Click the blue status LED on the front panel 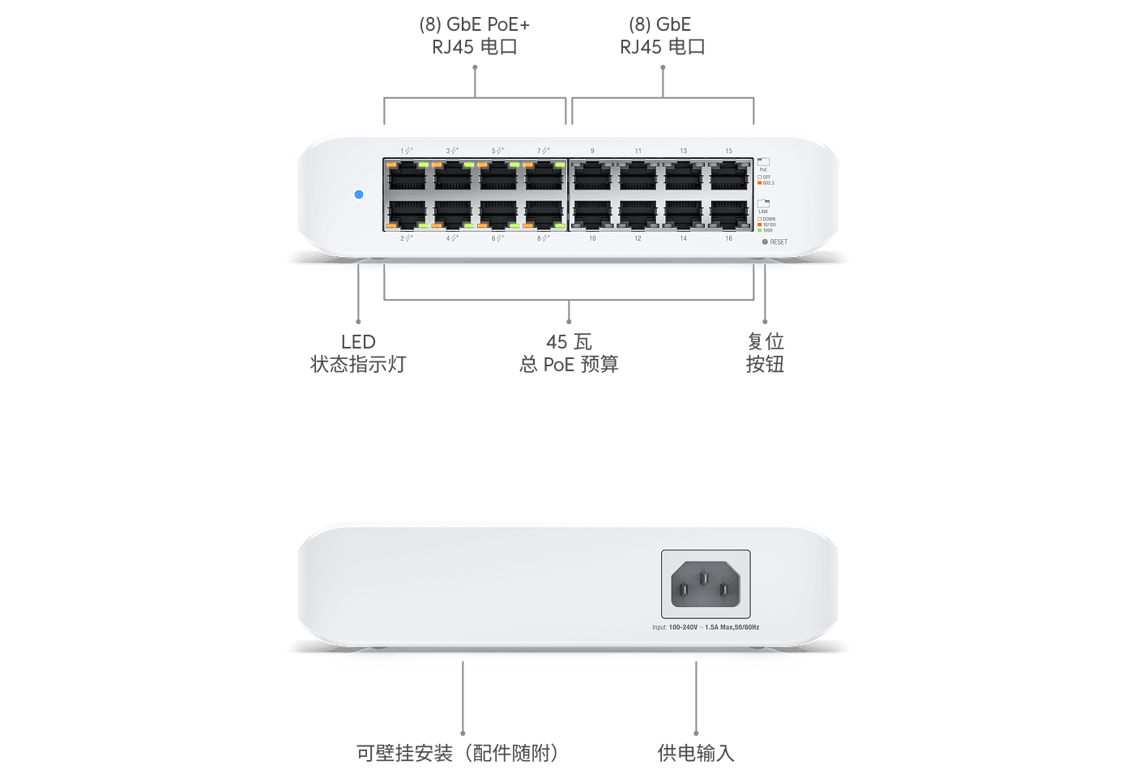click(x=359, y=194)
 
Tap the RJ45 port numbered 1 click(x=407, y=176)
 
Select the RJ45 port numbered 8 click(x=544, y=214)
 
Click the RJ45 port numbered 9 click(x=592, y=176)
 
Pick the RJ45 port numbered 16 click(x=729, y=214)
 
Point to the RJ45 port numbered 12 click(x=638, y=214)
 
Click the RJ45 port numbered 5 click(x=498, y=176)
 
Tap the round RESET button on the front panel click(x=765, y=242)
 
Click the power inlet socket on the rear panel click(x=706, y=583)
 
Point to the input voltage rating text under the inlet click(x=706, y=627)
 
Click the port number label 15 click(x=729, y=152)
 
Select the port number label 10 click(x=592, y=238)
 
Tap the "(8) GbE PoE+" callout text click(x=475, y=25)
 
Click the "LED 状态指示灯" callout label click(x=358, y=353)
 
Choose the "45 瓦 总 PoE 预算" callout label click(x=569, y=353)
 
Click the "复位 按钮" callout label click(x=765, y=353)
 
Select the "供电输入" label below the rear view click(x=696, y=753)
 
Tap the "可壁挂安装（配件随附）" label click(x=458, y=753)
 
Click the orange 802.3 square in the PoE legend click(x=759, y=183)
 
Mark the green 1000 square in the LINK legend click(x=759, y=230)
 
